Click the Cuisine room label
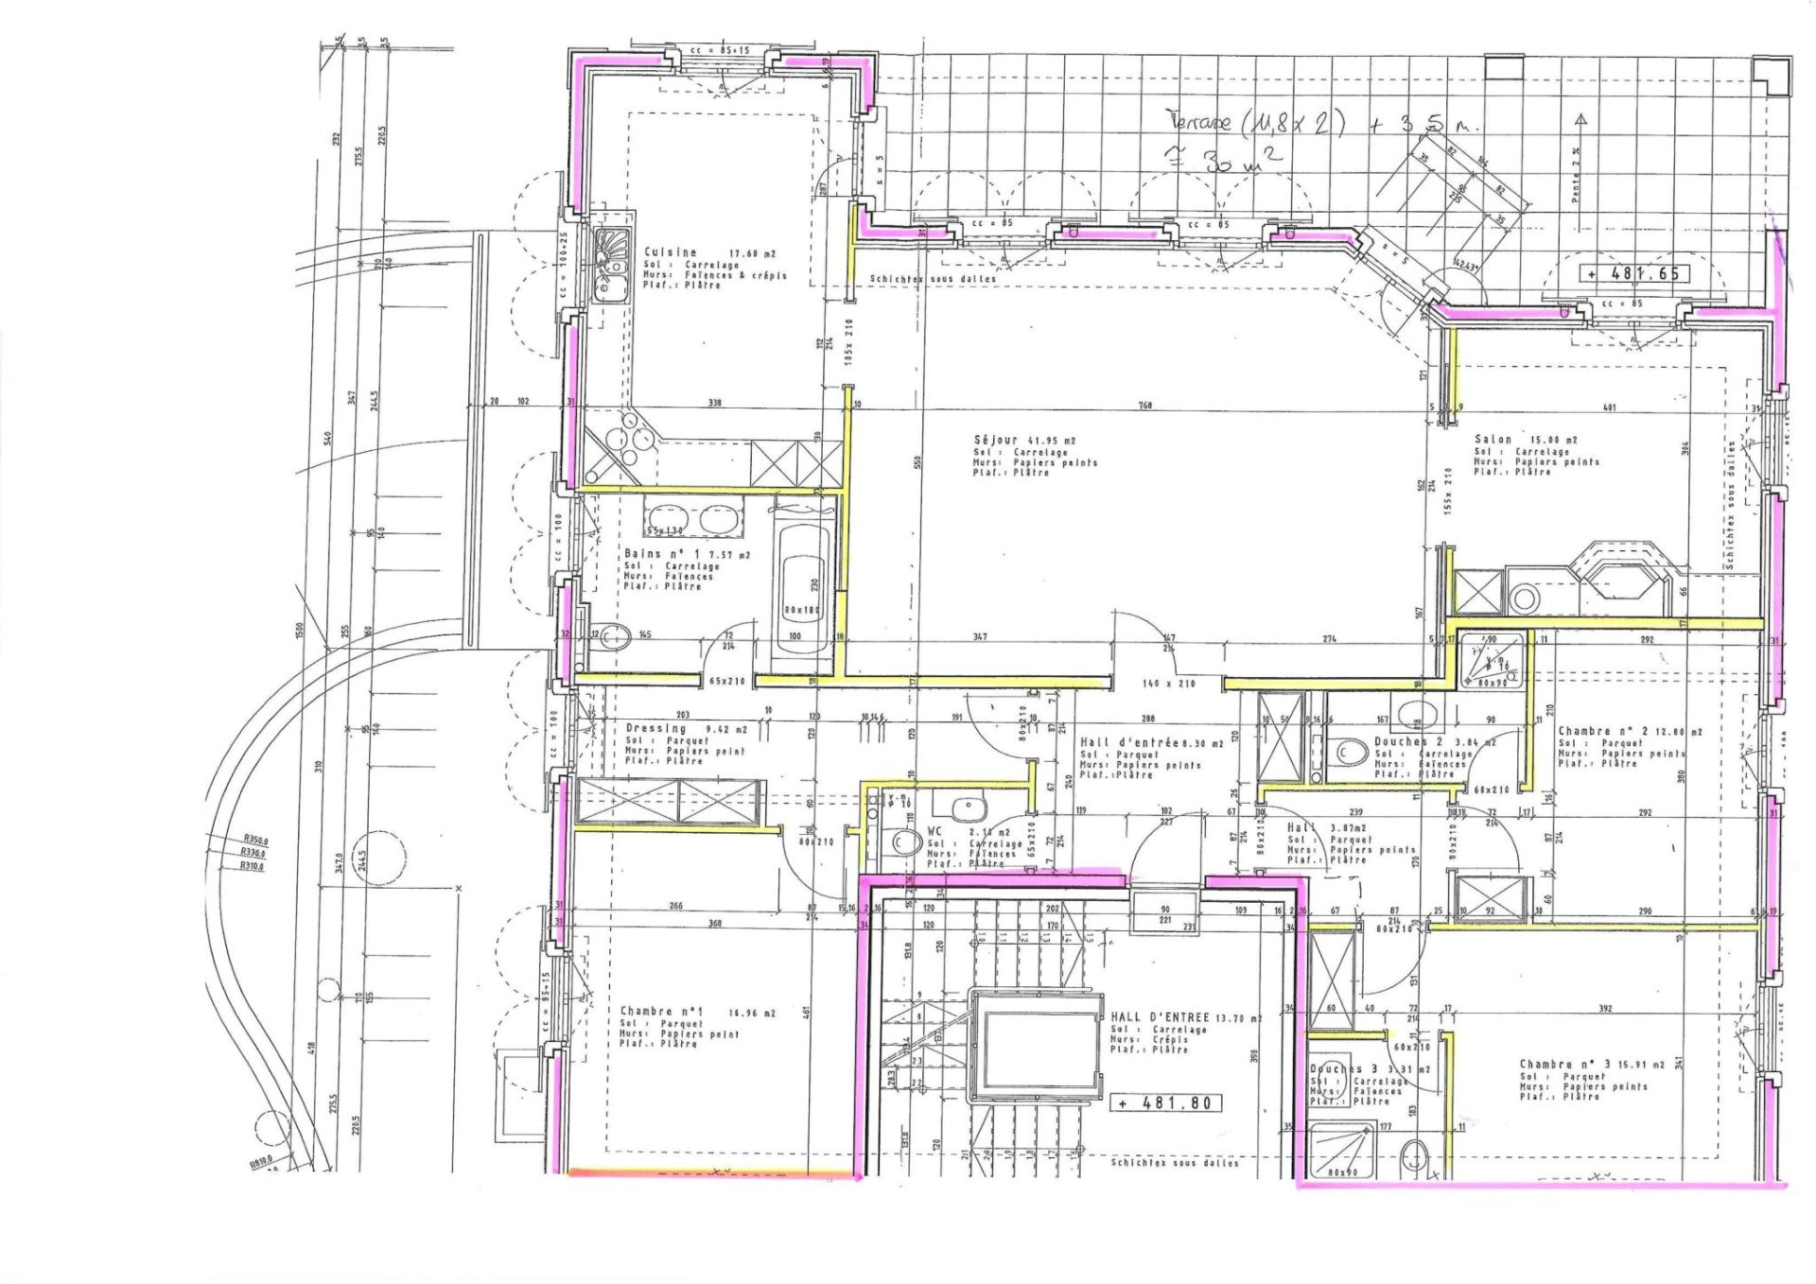click(671, 252)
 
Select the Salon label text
click(1493, 440)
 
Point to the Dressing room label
click(656, 728)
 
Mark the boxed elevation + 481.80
click(1165, 1102)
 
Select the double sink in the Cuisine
click(611, 266)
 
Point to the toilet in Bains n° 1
click(616, 638)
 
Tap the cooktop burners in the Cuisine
click(630, 442)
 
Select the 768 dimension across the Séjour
click(1145, 406)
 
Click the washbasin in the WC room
click(968, 809)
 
